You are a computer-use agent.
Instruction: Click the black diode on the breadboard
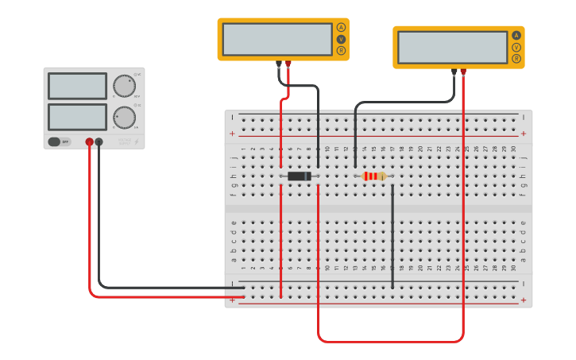click(299, 176)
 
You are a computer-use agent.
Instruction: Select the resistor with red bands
click(373, 176)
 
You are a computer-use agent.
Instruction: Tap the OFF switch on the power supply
click(59, 141)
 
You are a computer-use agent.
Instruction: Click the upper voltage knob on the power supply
click(123, 86)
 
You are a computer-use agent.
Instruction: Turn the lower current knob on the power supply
click(123, 117)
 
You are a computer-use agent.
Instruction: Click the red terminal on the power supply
click(90, 142)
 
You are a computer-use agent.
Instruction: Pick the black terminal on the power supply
click(99, 142)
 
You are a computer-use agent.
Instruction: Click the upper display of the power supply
click(77, 86)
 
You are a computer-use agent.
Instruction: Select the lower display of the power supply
click(77, 117)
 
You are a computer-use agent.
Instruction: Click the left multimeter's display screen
click(276, 39)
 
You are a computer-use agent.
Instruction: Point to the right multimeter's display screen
click(452, 47)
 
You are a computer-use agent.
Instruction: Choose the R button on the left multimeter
click(341, 51)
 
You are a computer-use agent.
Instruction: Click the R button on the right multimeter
click(516, 59)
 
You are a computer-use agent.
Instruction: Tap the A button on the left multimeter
click(341, 27)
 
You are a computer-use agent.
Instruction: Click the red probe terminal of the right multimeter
click(463, 72)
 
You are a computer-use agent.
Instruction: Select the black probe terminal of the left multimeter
click(278, 64)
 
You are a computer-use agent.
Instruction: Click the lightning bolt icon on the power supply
click(137, 142)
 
